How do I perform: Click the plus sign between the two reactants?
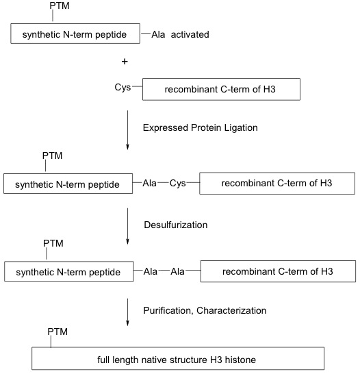click(x=125, y=62)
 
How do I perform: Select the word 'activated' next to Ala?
click(x=190, y=34)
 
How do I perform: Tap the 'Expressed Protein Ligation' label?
click(x=200, y=128)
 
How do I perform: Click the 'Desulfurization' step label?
click(x=176, y=225)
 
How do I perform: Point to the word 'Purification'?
click(x=168, y=310)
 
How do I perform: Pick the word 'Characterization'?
click(x=231, y=310)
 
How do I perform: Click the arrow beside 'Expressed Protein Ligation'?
click(x=127, y=130)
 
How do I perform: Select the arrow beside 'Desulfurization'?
click(x=127, y=226)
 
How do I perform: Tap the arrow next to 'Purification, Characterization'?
click(x=127, y=312)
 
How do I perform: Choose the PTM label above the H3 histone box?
click(x=57, y=332)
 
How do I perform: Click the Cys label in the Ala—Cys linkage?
click(x=177, y=183)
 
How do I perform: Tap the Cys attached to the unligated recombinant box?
click(x=123, y=87)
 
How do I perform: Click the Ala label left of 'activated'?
click(x=158, y=34)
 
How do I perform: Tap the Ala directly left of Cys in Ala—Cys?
click(x=149, y=183)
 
